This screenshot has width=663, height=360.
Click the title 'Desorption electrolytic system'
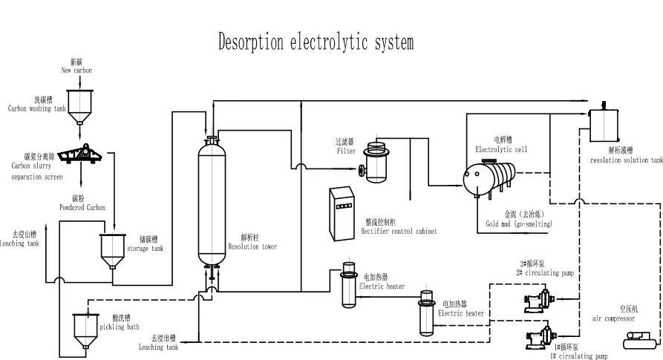coord(316,42)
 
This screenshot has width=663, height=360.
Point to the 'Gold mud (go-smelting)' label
coord(519,220)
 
